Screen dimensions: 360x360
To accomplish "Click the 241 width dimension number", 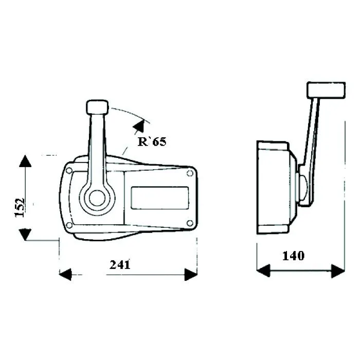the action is (x=120, y=264).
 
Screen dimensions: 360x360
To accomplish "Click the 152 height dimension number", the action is (x=20, y=207).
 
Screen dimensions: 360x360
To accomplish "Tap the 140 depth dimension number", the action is (x=293, y=256).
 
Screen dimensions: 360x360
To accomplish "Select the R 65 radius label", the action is (x=152, y=141).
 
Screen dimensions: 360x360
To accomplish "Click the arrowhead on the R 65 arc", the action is (x=139, y=126).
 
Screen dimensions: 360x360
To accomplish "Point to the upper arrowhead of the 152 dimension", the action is (x=25, y=161).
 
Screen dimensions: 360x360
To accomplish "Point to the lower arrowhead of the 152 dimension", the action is (x=25, y=235).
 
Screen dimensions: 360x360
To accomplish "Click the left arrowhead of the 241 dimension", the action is (x=65, y=274).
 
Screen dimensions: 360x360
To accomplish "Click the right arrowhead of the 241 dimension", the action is (x=191, y=274).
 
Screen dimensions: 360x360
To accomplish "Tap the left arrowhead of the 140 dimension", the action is (x=263, y=271).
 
